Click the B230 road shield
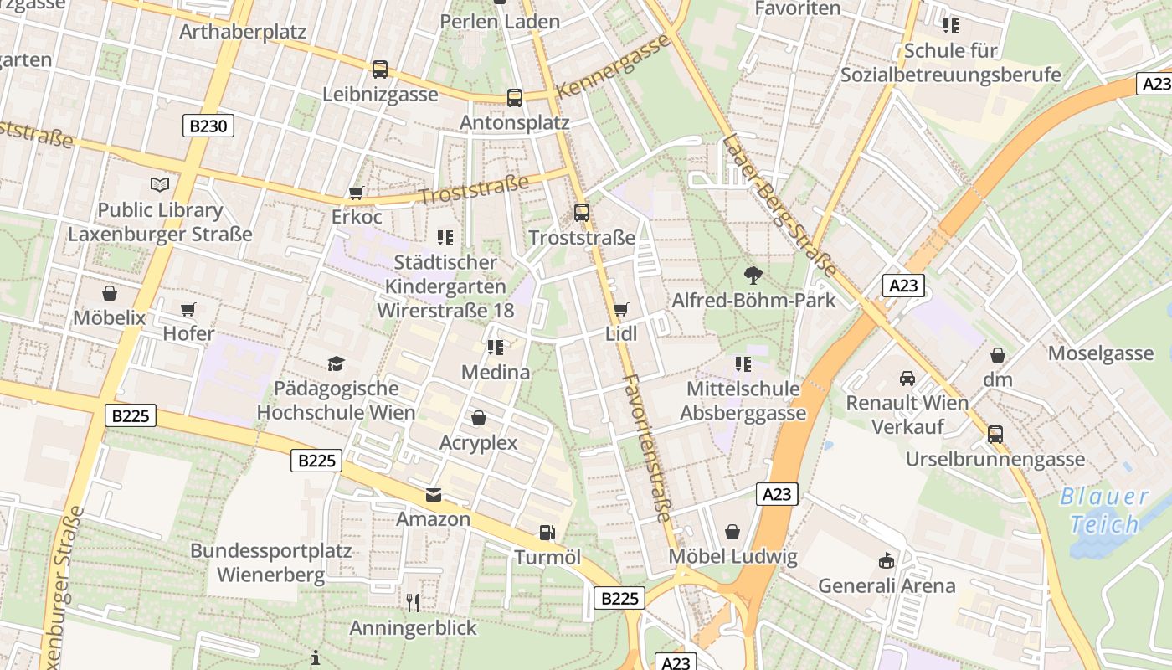208,126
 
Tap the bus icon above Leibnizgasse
380,70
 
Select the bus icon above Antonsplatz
514,98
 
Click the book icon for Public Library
159,184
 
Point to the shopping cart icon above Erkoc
357,193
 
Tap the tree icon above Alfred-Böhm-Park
753,275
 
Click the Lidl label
621,334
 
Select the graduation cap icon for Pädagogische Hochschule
336,363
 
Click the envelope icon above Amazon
433,495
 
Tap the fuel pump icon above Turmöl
547,532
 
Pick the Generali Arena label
887,585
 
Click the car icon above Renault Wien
907,378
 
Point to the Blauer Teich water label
1104,510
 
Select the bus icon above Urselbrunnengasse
995,435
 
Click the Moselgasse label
1101,353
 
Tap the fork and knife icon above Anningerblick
412,603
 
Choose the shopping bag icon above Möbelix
109,293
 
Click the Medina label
496,372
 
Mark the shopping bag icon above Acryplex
479,417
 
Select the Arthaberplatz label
243,32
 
